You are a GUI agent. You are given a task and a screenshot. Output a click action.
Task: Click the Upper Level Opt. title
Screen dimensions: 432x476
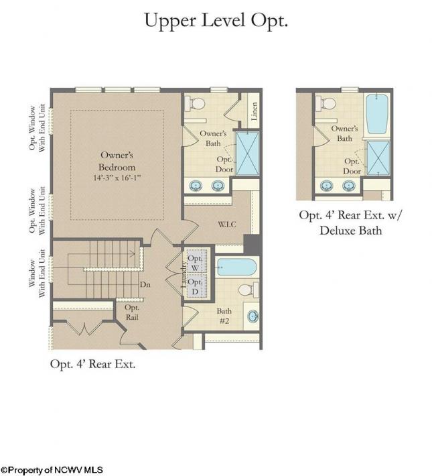click(216, 21)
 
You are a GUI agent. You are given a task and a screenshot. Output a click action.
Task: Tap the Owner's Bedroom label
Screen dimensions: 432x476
click(117, 161)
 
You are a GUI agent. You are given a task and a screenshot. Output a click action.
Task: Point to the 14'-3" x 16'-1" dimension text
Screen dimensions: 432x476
click(117, 178)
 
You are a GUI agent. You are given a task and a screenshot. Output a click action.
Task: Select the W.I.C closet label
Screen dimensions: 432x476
click(227, 225)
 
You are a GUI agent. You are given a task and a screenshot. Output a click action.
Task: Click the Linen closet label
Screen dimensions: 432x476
click(255, 111)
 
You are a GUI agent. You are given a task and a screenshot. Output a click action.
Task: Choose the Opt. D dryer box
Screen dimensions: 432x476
click(196, 286)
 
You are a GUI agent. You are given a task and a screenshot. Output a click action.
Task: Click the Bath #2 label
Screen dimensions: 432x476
click(224, 316)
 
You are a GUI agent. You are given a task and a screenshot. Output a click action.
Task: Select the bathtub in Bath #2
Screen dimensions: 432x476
click(237, 267)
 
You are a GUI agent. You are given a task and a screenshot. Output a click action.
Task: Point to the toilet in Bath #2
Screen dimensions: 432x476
click(248, 290)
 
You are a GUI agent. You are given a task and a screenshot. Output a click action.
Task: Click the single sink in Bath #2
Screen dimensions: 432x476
click(253, 316)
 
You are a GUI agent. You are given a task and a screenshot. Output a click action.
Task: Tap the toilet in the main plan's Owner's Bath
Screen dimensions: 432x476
click(195, 103)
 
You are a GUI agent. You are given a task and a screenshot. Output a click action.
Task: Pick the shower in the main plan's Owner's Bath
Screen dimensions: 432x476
click(248, 154)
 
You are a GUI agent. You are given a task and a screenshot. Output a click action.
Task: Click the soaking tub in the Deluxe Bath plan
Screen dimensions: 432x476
click(377, 114)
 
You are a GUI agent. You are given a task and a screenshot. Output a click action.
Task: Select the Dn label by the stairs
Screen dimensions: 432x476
click(145, 285)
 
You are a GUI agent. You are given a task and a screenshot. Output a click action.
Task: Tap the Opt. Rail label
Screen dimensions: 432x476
click(132, 312)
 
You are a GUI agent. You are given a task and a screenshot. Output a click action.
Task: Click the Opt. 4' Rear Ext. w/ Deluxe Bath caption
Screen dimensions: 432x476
click(350, 223)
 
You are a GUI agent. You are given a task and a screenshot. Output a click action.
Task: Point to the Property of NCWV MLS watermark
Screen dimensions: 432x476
click(52, 470)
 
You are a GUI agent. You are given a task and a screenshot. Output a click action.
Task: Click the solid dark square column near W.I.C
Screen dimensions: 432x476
click(253, 245)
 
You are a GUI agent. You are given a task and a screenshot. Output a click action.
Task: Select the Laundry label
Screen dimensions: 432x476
click(184, 274)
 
